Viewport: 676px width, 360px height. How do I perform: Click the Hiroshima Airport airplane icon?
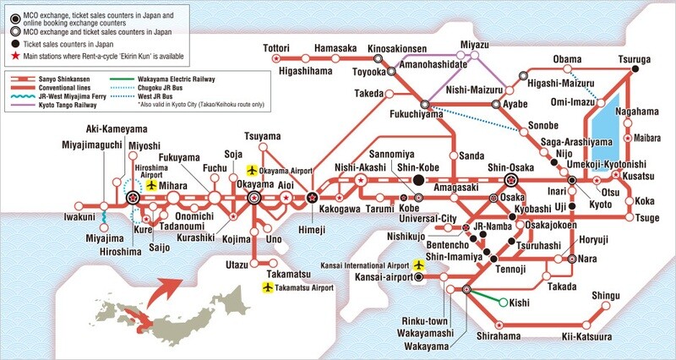152,185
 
